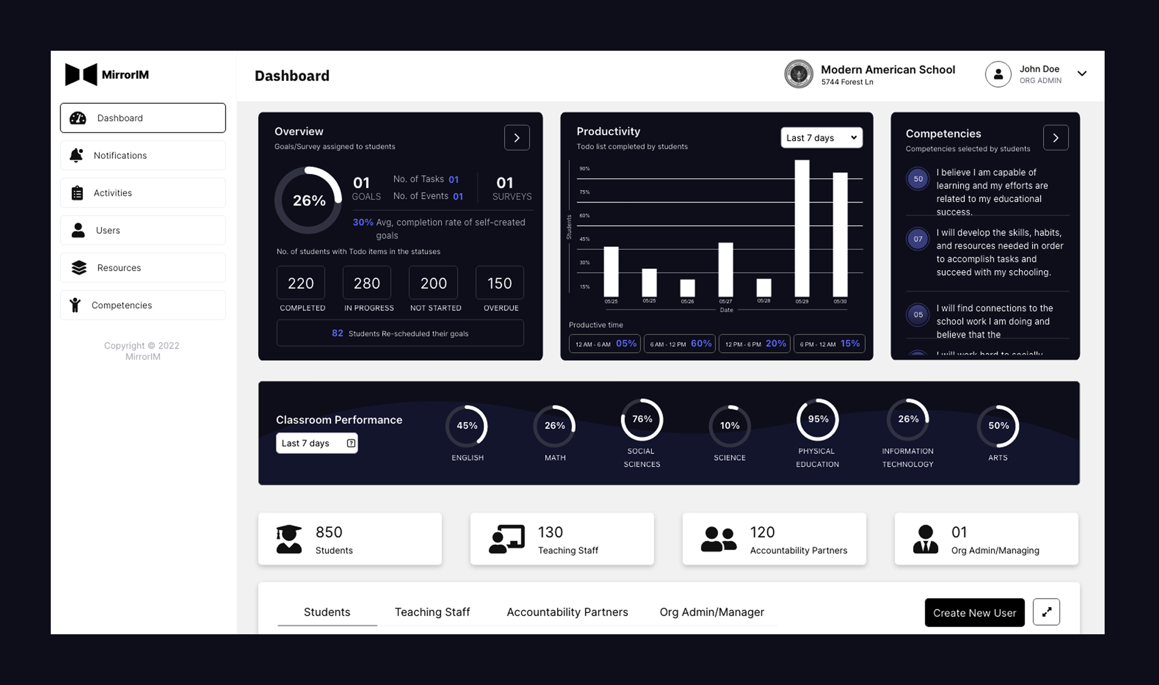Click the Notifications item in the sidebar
point(143,155)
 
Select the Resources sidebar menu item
point(143,268)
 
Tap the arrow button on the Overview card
point(517,138)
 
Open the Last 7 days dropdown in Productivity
point(821,138)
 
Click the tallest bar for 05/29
point(802,228)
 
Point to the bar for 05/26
point(687,288)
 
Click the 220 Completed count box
point(300,283)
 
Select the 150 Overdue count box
point(499,283)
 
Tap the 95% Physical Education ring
point(818,419)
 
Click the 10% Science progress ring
point(729,426)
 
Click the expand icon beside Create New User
point(1046,612)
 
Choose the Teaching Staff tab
point(432,612)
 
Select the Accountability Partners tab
point(567,612)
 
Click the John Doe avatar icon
point(998,74)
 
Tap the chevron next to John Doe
point(1082,74)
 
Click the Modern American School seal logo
point(798,74)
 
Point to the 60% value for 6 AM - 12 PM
point(701,343)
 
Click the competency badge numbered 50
point(917,179)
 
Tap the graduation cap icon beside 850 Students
point(289,539)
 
